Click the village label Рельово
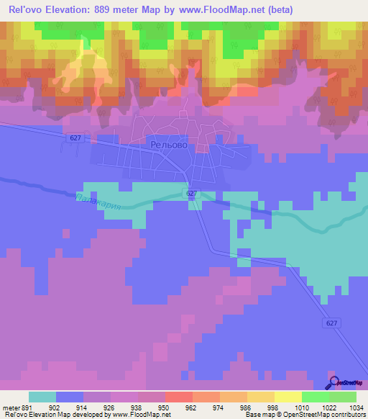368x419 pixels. pyautogui.click(x=170, y=145)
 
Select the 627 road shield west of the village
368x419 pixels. pyautogui.click(x=77, y=137)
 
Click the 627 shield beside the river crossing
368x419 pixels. pyautogui.click(x=191, y=194)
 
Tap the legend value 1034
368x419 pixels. pyautogui.click(x=356, y=407)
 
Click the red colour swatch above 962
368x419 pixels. pyautogui.click(x=178, y=397)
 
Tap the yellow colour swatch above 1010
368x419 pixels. pyautogui.click(x=287, y=397)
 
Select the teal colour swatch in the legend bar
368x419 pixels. pyautogui.click(x=42, y=397)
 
